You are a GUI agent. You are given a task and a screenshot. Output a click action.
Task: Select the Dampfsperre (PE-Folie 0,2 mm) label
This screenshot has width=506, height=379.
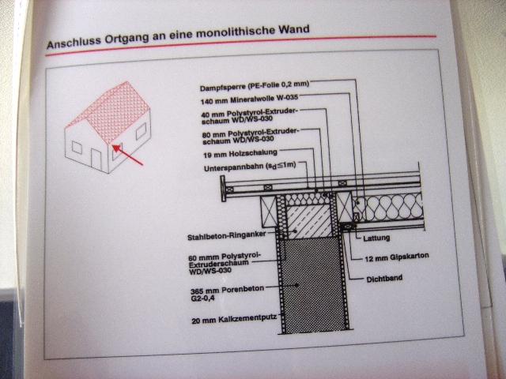pyautogui.click(x=255, y=86)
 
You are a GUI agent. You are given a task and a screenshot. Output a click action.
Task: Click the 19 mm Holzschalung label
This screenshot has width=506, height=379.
pyautogui.click(x=240, y=154)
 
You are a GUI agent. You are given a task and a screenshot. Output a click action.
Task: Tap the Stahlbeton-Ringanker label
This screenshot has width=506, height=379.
pyautogui.click(x=227, y=236)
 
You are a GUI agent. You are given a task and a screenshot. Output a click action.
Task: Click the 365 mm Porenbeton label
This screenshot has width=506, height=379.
pyautogui.click(x=227, y=293)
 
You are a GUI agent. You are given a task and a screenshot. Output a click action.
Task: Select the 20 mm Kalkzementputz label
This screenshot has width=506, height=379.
pyautogui.click(x=234, y=320)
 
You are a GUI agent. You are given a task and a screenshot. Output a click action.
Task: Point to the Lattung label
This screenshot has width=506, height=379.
pyautogui.click(x=376, y=238)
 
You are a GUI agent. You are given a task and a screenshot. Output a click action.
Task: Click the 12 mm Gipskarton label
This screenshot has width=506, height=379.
pyautogui.click(x=397, y=257)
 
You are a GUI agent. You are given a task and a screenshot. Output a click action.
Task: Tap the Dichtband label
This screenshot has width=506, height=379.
pyautogui.click(x=384, y=279)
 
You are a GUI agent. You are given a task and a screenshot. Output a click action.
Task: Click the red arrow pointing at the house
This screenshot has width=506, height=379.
pyautogui.click(x=127, y=155)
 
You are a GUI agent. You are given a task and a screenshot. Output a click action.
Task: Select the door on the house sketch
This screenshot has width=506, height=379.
pyautogui.click(x=96, y=159)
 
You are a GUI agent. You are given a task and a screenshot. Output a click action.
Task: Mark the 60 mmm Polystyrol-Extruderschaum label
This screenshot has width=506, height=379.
pyautogui.click(x=225, y=264)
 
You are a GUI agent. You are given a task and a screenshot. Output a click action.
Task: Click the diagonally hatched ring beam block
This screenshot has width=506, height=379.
pyautogui.click(x=309, y=222)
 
